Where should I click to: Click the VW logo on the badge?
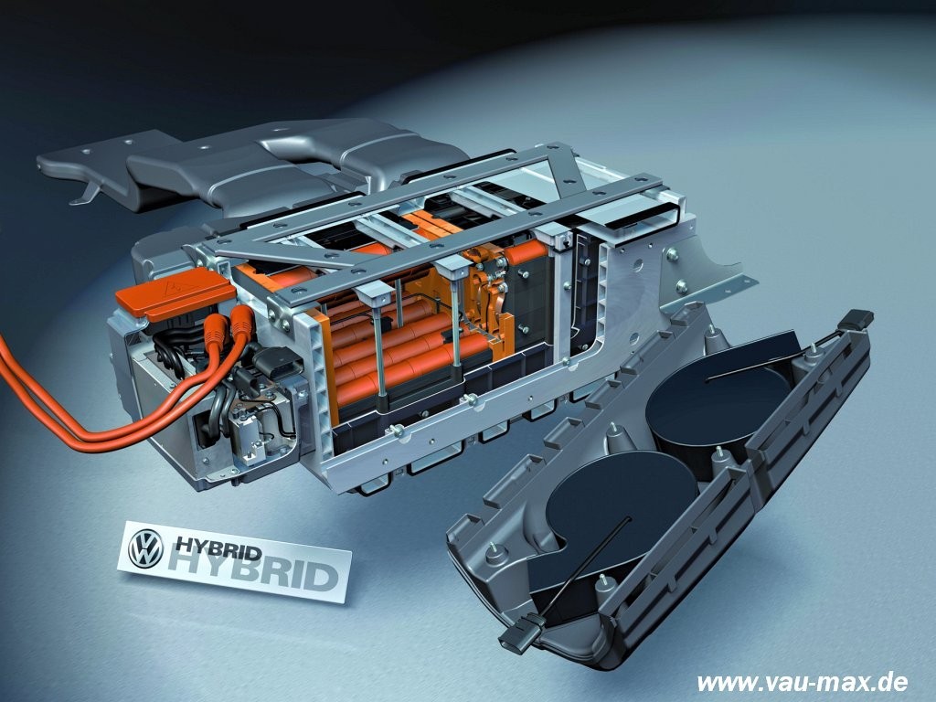pos(145,548)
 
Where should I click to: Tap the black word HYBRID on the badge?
pos(218,547)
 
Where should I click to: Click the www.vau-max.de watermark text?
pos(803,681)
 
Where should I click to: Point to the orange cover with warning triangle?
pos(176,293)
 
